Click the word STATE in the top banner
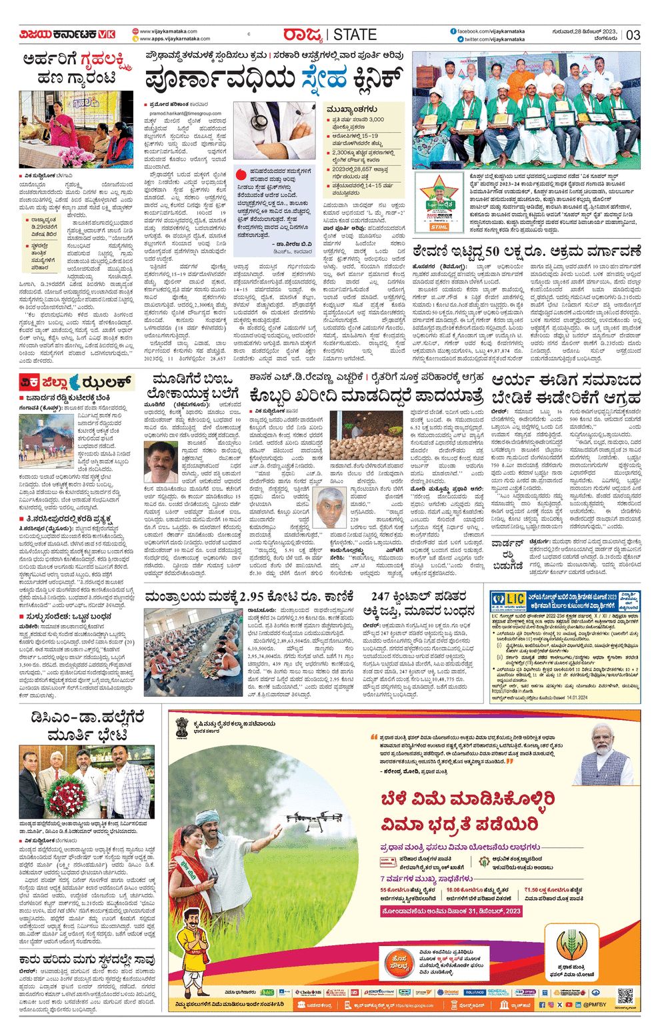pos(355,35)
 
